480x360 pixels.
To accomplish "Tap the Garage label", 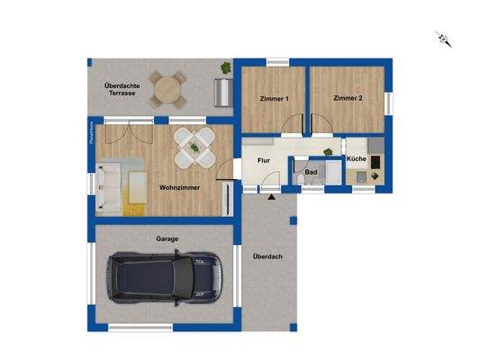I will (167, 238).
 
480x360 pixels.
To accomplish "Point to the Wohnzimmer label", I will (179, 188).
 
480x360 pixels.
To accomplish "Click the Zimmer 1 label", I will (274, 98).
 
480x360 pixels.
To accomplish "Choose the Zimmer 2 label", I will (348, 98).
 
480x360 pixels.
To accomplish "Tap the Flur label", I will (265, 160).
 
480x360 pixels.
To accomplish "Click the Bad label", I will (311, 170).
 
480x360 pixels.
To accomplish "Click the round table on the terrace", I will (166, 90).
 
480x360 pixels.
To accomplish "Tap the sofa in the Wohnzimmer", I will (108, 186).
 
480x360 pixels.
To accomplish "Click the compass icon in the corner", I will (442, 38).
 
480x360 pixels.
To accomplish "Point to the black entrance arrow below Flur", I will (272, 195).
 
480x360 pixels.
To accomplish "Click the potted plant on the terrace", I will (226, 66).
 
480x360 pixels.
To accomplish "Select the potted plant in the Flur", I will (327, 150).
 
